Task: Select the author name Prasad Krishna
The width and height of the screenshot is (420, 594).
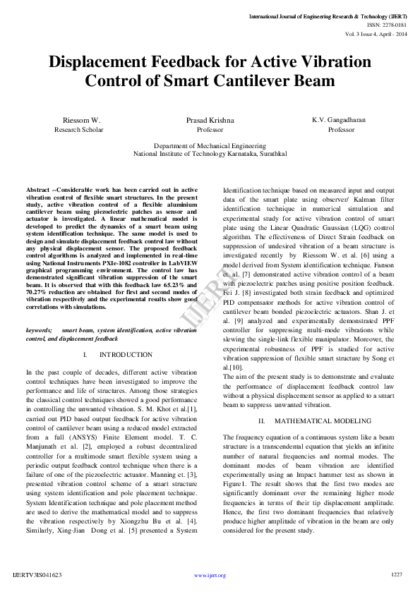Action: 210,121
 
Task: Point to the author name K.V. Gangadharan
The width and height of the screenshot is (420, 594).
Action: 339,120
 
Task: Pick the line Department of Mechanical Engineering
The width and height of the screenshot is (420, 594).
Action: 210,145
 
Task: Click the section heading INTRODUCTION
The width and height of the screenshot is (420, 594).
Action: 126,355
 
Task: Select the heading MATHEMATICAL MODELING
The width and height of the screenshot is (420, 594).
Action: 313,420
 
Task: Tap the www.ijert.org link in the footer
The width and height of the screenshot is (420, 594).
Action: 210,576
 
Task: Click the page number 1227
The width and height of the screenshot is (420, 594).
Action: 396,575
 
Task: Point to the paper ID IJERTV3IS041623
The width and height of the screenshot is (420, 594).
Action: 37,576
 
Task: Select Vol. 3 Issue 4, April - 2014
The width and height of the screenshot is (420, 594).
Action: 376,33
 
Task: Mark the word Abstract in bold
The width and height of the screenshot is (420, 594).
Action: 38,190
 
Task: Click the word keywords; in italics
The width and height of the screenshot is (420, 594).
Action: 39,330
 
